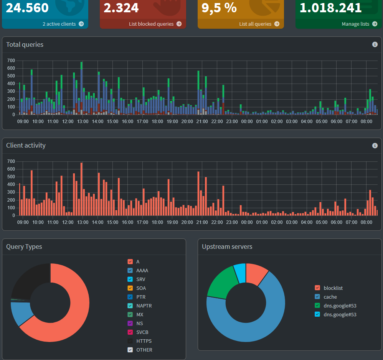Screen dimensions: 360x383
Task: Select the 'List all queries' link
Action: click(x=255, y=24)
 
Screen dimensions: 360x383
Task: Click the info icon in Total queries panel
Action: click(x=375, y=44)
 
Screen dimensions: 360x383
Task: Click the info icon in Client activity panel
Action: click(x=375, y=145)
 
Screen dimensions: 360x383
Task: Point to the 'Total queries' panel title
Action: click(x=25, y=44)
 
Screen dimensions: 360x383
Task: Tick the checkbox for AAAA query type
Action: click(x=130, y=270)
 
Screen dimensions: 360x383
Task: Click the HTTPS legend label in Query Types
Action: click(x=144, y=341)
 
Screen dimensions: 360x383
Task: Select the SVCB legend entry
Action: click(x=142, y=332)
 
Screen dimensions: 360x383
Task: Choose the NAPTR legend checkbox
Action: click(x=130, y=306)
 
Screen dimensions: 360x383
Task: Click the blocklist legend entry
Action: click(x=333, y=288)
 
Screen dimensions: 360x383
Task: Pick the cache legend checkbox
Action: click(x=317, y=297)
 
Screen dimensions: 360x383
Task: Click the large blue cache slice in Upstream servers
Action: click(x=265, y=326)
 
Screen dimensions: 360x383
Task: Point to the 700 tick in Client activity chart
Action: click(x=11, y=161)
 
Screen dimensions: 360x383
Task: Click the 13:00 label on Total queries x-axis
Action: click(x=83, y=121)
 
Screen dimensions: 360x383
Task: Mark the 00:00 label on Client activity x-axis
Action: click(x=247, y=222)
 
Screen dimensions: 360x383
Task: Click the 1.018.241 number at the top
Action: click(x=330, y=8)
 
